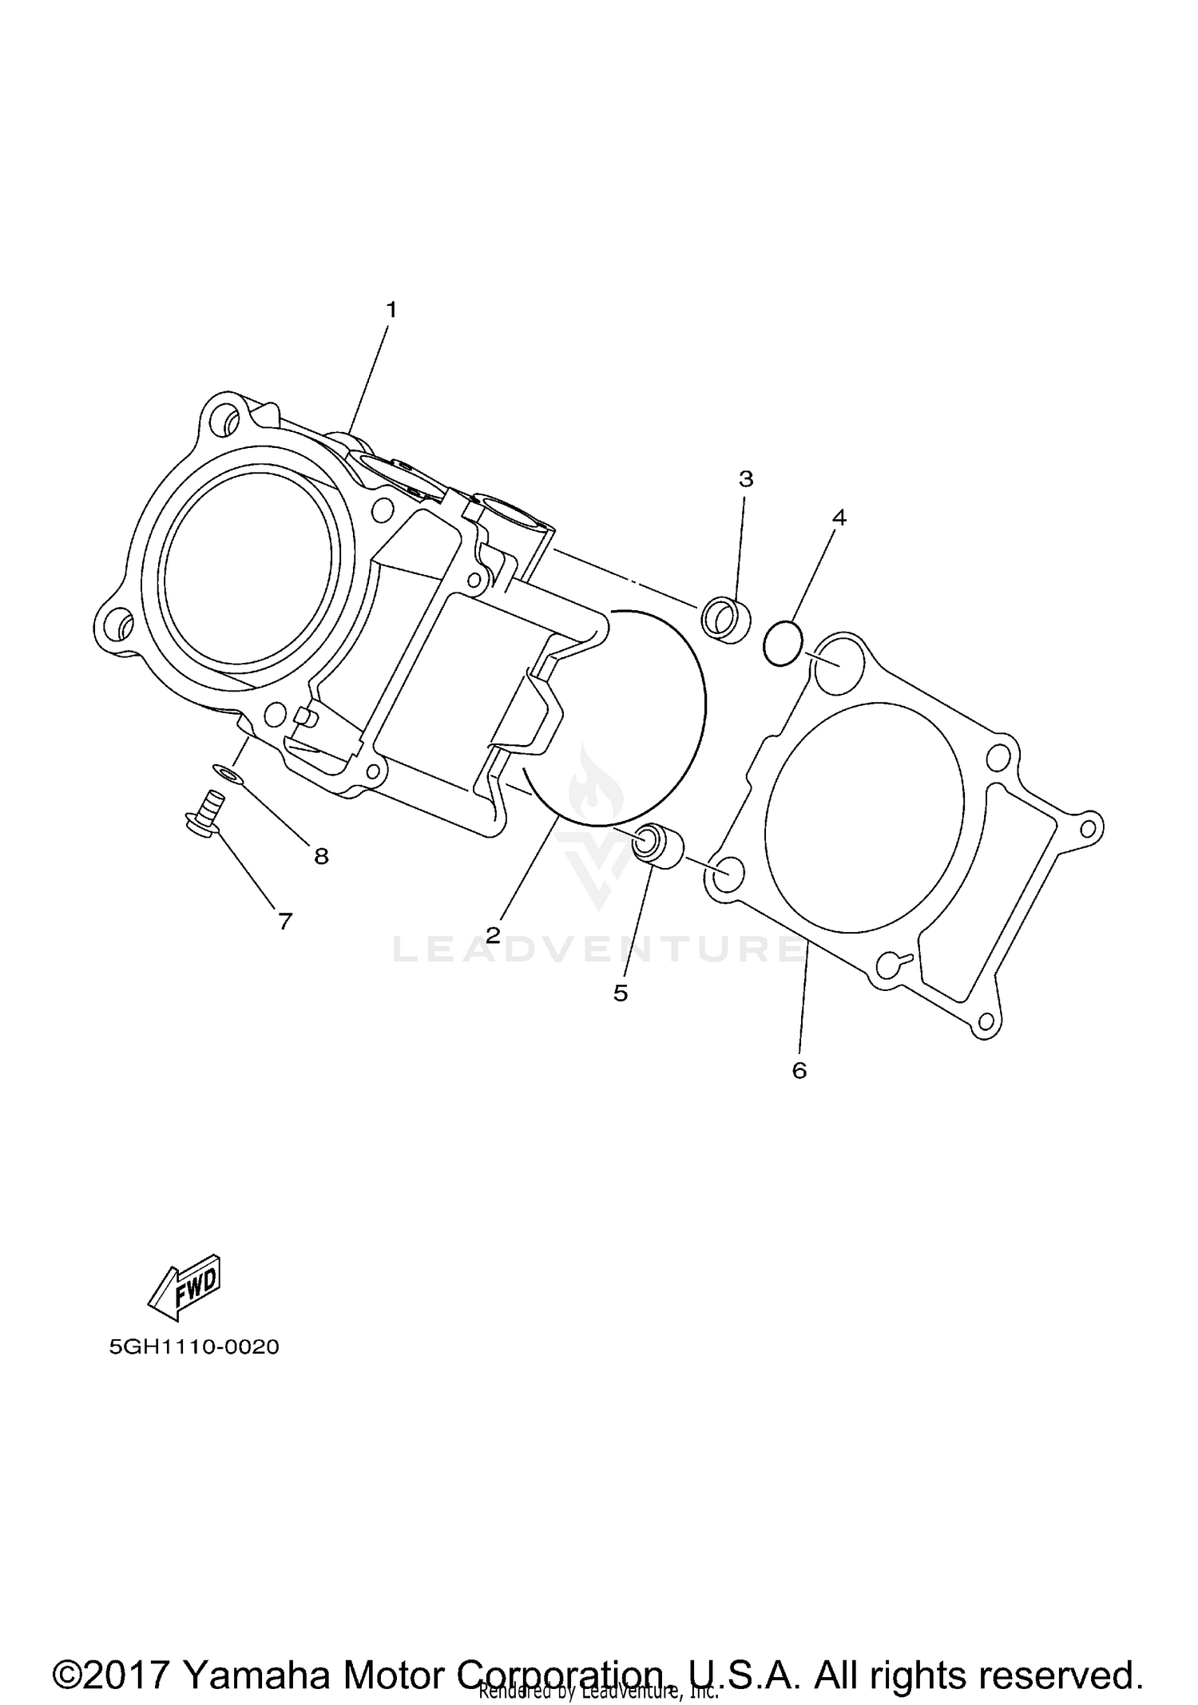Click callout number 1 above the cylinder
pyautogui.click(x=391, y=310)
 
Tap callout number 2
pyautogui.click(x=493, y=935)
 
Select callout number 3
pyautogui.click(x=745, y=479)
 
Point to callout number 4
pyautogui.click(x=839, y=517)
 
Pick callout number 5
pyautogui.click(x=621, y=993)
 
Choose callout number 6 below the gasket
pyautogui.click(x=799, y=1070)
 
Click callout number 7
pyautogui.click(x=285, y=922)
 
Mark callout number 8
pyautogui.click(x=321, y=857)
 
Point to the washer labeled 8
pyautogui.click(x=230, y=775)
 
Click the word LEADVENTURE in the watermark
pyautogui.click(x=599, y=950)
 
